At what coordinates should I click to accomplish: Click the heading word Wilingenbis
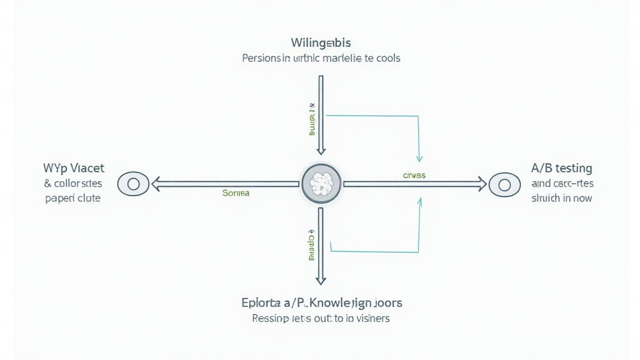coord(321,43)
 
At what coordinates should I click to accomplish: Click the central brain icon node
coord(321,184)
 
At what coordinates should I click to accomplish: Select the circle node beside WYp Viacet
coord(132,184)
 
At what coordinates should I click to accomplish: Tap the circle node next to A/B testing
coord(504,184)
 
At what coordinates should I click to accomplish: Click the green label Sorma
coord(236,193)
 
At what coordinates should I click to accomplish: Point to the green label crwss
coord(414,176)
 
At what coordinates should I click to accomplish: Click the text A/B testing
coord(561,168)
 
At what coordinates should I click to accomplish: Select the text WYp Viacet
coord(74,168)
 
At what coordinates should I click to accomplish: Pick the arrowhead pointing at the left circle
coord(156,184)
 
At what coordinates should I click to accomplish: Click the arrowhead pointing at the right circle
coord(481,184)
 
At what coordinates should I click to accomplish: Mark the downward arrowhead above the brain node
coord(321,150)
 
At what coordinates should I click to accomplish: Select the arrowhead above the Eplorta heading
coord(321,279)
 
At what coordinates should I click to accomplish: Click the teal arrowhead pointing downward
coord(420,157)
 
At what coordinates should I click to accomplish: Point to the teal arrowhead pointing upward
coord(420,201)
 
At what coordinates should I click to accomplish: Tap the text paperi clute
coord(72,198)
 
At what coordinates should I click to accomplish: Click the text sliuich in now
coord(561,198)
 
